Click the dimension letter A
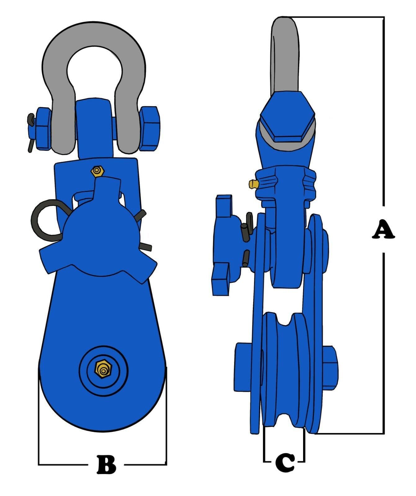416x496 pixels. (383, 229)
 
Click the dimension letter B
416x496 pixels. (106, 465)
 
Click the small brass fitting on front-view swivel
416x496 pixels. (98, 171)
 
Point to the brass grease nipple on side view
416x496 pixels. (253, 184)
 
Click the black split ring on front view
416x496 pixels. (43, 221)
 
